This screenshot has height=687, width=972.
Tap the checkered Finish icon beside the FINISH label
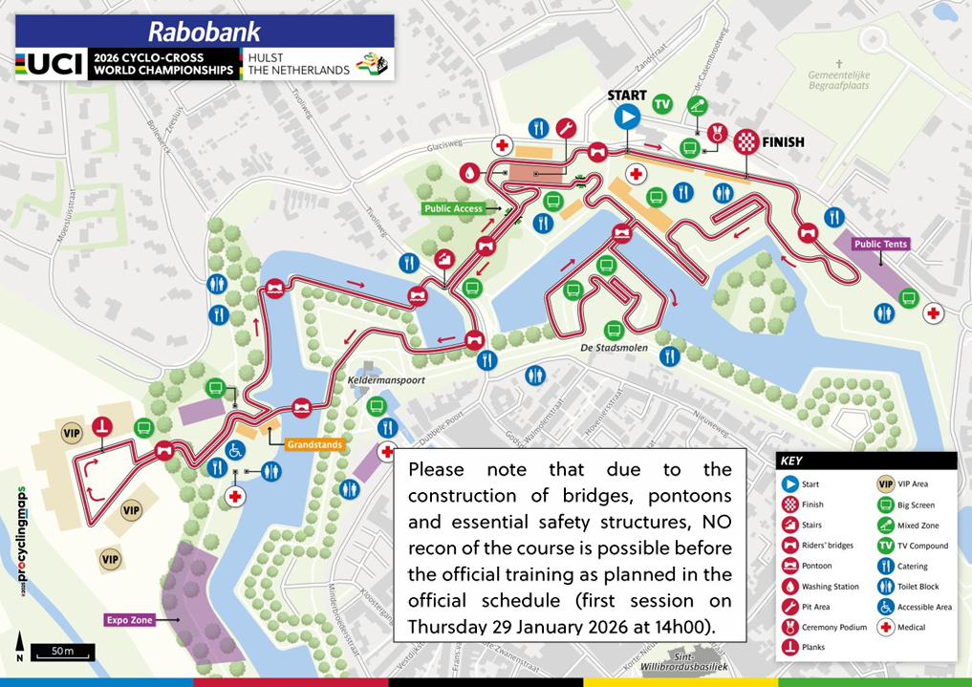tap(745, 141)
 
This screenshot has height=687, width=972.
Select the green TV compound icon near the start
tap(661, 104)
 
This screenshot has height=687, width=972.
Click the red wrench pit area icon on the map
tap(566, 128)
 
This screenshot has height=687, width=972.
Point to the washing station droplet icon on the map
tap(469, 173)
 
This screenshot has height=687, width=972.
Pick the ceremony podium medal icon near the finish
tap(715, 136)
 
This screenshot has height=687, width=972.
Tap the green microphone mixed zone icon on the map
tap(700, 106)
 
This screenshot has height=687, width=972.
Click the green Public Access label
tap(454, 207)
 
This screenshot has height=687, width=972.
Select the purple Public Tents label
tap(880, 245)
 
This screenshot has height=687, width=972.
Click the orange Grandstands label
tap(313, 444)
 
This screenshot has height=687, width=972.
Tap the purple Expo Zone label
tap(131, 619)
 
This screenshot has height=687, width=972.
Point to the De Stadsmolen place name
tap(614, 348)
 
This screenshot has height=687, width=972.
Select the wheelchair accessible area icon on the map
tap(234, 448)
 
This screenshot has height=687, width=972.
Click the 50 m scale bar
tap(62, 653)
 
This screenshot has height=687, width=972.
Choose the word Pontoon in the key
tap(818, 566)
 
